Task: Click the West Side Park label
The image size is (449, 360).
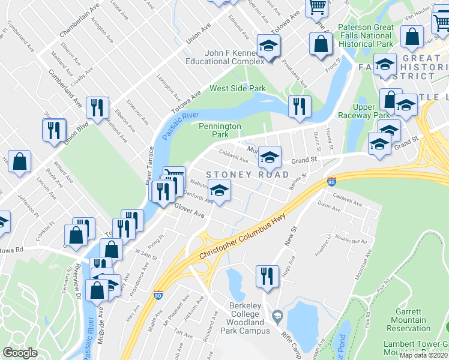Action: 237,89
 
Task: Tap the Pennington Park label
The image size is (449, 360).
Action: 220,130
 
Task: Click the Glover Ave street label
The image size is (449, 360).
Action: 190,211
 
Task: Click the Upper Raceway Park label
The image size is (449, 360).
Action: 372,111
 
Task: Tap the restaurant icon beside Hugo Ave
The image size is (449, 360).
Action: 267,276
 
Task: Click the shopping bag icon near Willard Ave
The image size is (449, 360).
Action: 19,161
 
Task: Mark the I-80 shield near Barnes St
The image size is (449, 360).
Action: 331,181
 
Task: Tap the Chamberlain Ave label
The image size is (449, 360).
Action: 79,22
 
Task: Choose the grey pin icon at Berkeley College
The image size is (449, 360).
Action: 277,314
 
